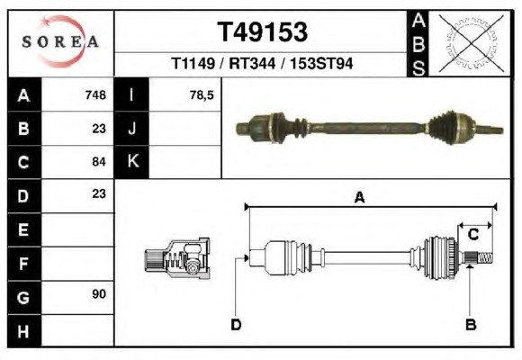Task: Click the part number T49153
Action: tap(262, 32)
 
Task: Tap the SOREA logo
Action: tap(60, 41)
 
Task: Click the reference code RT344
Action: tap(252, 63)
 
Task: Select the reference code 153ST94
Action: tap(321, 63)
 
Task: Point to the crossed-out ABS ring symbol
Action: tap(471, 43)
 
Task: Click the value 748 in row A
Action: tap(95, 95)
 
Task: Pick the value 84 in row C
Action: tap(99, 162)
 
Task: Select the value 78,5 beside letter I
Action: tap(202, 95)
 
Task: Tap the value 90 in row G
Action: tap(99, 294)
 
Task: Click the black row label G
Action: tap(24, 297)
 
